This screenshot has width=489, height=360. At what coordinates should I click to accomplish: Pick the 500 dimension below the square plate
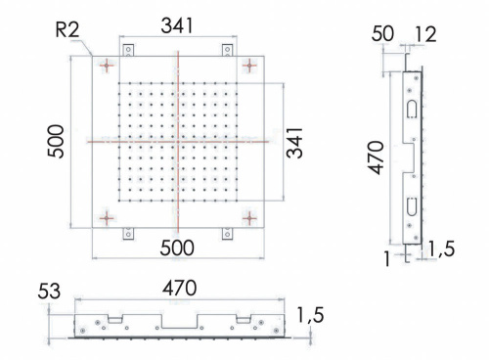tap(177, 248)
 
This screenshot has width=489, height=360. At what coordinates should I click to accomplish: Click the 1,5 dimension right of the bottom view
tap(309, 315)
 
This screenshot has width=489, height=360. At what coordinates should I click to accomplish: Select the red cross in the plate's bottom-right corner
tap(251, 215)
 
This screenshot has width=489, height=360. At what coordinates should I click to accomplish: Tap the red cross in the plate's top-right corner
tap(251, 66)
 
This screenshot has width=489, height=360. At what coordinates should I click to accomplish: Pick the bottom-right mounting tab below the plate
tap(227, 234)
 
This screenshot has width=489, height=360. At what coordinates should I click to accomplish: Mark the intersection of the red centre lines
tap(178, 141)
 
